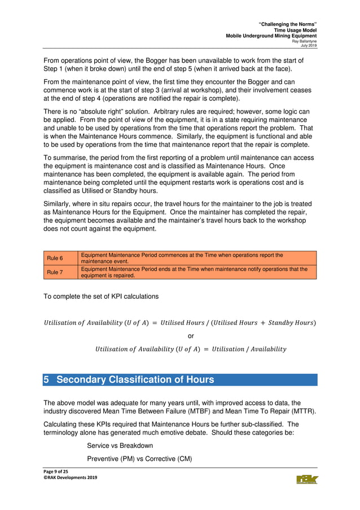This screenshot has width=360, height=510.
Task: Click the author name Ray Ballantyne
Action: click(304, 41)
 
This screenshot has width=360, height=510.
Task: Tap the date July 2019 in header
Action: click(309, 45)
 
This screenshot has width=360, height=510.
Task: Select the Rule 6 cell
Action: click(55, 258)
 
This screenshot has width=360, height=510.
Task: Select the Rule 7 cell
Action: click(55, 272)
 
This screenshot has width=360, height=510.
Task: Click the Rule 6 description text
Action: click(182, 258)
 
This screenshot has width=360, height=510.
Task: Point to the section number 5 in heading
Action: click(47, 380)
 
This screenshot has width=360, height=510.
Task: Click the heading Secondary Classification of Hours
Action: click(135, 380)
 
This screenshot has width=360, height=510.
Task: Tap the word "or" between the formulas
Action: click(191, 335)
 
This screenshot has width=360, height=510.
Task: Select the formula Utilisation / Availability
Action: click(191, 349)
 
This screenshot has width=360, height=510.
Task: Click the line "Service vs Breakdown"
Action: click(120, 446)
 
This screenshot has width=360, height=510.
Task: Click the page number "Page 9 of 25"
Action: click(58, 471)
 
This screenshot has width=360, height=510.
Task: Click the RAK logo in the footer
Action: click(307, 480)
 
